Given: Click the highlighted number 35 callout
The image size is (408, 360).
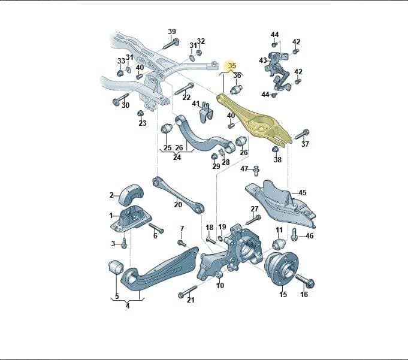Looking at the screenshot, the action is tap(232, 66).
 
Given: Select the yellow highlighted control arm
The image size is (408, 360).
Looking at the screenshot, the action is tap(253, 120).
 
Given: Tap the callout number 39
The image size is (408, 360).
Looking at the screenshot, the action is tap(172, 32).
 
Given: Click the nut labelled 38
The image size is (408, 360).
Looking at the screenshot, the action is tap(276, 150).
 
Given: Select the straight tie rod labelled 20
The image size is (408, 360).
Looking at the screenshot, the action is tap(179, 195).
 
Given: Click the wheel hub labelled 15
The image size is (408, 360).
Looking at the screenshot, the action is tap(281, 268).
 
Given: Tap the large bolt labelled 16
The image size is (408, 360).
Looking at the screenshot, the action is tap(305, 280).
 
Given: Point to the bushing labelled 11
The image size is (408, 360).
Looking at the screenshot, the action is tap(279, 243).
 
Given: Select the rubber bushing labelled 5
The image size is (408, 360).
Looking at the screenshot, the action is tap(116, 267).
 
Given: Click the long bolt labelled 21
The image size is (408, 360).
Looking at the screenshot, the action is tap(188, 291).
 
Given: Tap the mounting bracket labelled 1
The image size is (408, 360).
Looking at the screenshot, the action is tap(131, 218).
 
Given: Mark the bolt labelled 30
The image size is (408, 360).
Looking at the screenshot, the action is tap(120, 98).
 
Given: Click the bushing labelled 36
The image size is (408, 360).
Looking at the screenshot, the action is tap(236, 89).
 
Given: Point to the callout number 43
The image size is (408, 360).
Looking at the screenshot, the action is tap(263, 60).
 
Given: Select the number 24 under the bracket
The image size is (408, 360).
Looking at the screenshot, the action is tap(177, 158).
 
